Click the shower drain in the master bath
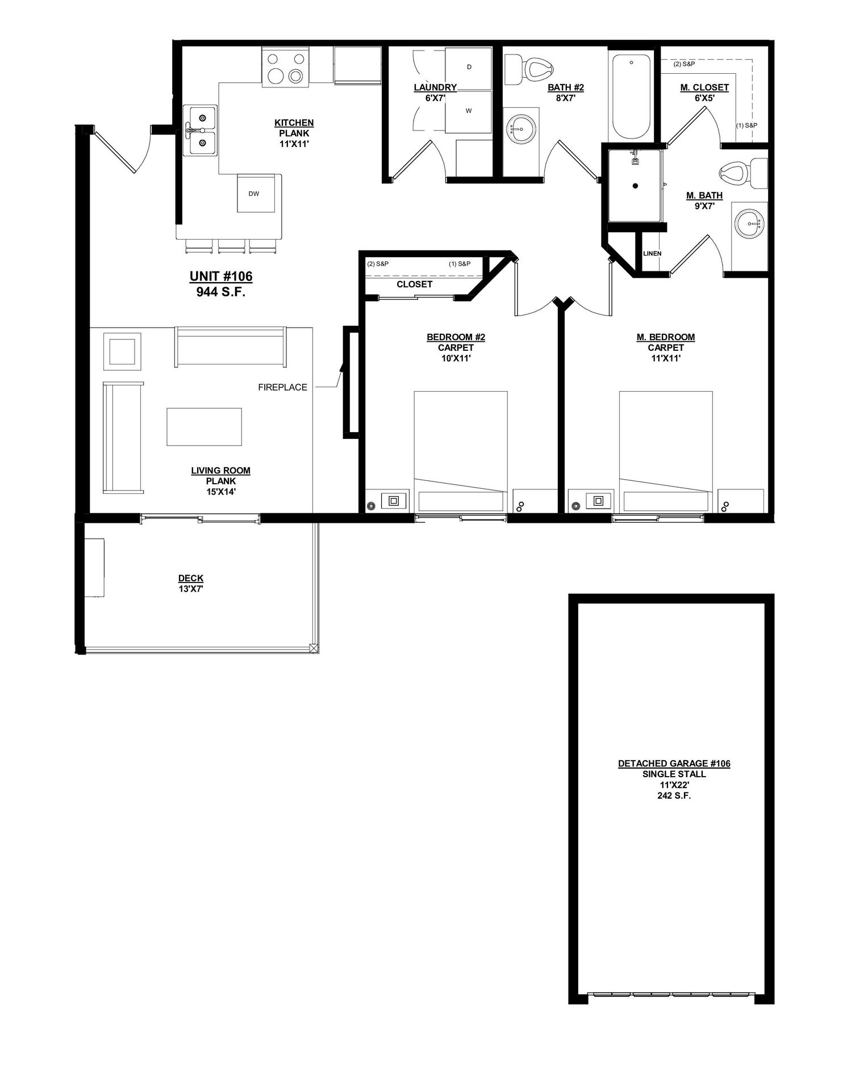point(635,186)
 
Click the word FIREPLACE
point(282,388)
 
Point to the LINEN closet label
point(652,253)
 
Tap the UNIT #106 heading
point(221,276)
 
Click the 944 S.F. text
point(221,292)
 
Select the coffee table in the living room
point(204,427)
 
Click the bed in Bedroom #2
point(461,452)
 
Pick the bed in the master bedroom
point(666,452)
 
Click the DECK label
point(191,578)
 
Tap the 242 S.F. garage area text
point(674,796)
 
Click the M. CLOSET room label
point(704,87)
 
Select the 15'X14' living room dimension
point(220,492)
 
